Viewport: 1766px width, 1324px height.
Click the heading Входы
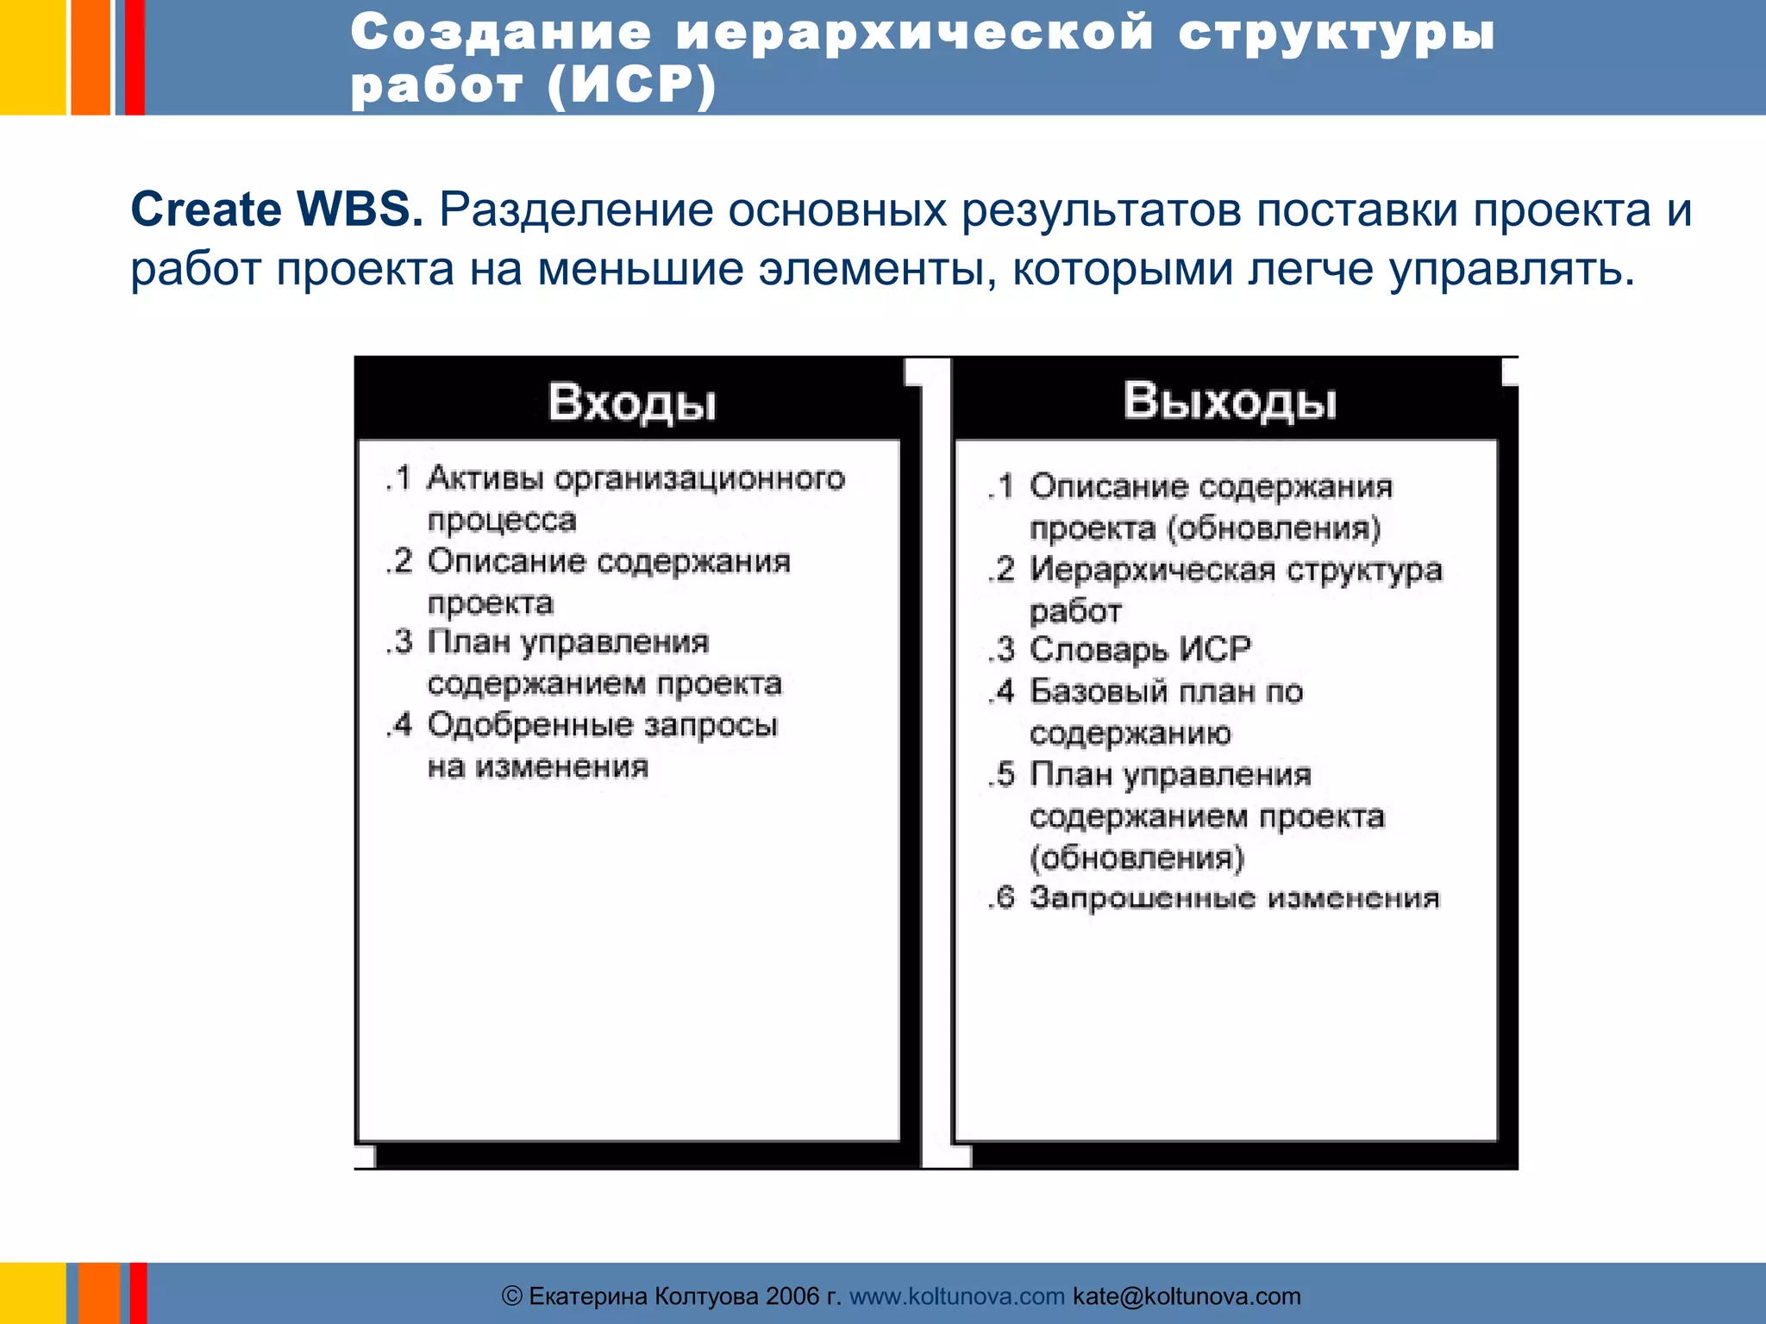632,403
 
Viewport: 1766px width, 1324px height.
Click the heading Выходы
1230,401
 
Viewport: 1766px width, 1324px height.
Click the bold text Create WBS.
277,209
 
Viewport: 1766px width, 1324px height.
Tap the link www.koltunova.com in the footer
957,1296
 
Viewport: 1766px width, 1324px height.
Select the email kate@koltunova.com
1187,1296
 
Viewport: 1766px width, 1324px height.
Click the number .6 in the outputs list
1001,898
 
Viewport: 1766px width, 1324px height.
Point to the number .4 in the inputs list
399,725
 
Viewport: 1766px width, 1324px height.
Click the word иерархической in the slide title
914,33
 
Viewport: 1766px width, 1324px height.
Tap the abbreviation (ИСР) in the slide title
632,86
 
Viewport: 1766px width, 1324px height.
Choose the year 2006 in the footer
792,1296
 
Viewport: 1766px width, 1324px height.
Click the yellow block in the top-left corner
32,57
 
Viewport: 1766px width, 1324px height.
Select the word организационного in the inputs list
699,478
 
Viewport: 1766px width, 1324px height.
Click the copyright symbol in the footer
512,1296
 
